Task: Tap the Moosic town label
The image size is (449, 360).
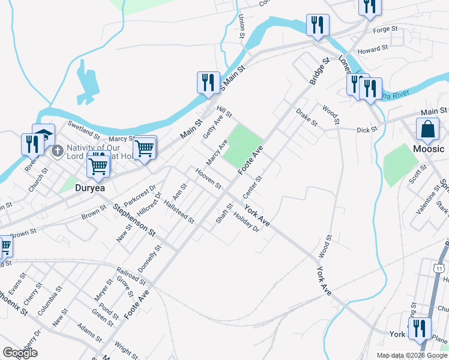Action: (x=429, y=148)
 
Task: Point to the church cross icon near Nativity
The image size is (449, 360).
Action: (x=58, y=150)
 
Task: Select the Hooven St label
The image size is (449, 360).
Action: (x=208, y=177)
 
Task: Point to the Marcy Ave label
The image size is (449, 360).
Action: (x=217, y=153)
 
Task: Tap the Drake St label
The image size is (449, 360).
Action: (x=307, y=117)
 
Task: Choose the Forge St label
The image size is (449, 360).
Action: (x=385, y=29)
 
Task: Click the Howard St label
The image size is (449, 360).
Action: (x=373, y=49)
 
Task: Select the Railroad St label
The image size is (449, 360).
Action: (x=132, y=275)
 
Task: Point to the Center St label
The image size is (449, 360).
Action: (x=253, y=188)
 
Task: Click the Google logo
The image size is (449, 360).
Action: (x=20, y=353)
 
